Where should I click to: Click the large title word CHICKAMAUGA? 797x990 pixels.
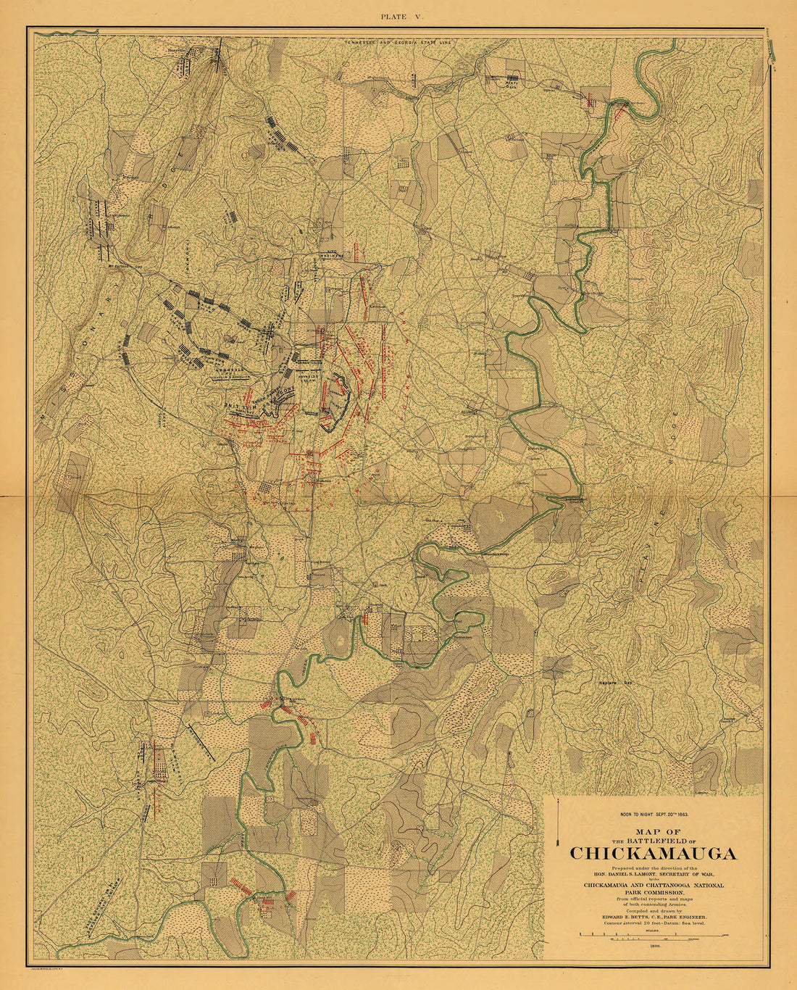pos(653,853)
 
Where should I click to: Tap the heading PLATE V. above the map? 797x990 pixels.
pos(398,15)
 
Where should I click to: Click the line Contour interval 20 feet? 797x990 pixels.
pos(652,923)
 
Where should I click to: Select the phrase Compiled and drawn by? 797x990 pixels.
pos(652,910)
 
